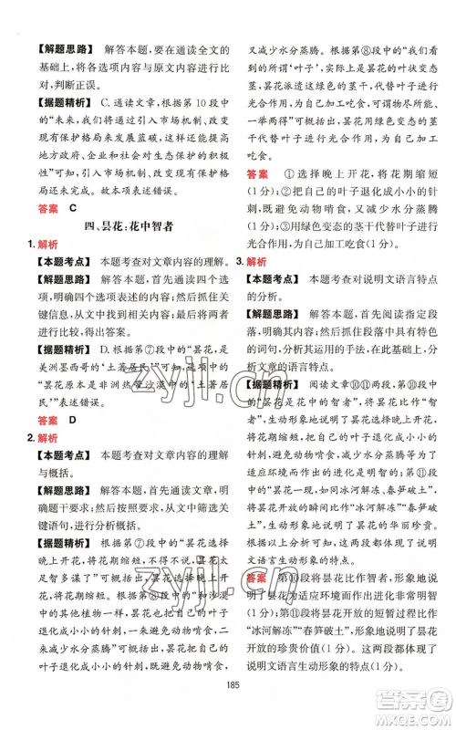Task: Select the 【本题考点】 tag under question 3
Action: click(x=275, y=304)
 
